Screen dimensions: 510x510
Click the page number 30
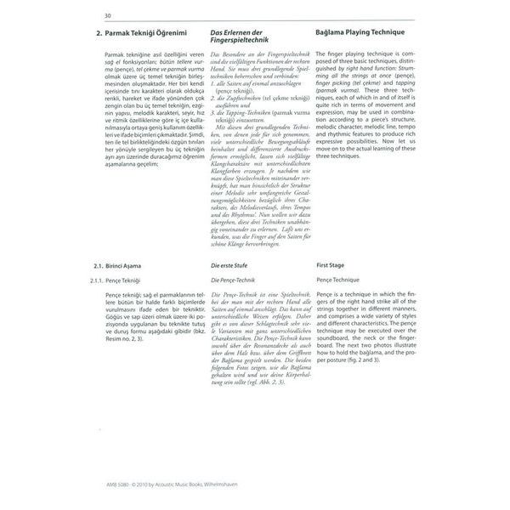point(108,14)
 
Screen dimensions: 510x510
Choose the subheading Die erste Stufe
point(230,266)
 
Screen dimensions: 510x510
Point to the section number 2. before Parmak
point(98,33)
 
